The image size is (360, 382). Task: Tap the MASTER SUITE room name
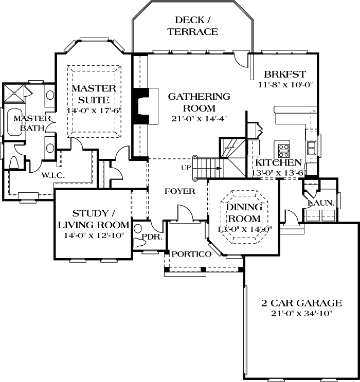(90, 94)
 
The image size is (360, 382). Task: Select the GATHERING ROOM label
(199, 102)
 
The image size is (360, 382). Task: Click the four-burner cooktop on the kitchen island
(283, 150)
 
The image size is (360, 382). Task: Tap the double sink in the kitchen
(312, 148)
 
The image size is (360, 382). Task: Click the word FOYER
(179, 191)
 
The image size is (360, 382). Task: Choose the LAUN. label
(321, 203)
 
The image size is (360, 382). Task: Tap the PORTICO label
(191, 254)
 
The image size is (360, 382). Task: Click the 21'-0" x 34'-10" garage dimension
(301, 314)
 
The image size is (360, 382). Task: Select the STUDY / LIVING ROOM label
(93, 219)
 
